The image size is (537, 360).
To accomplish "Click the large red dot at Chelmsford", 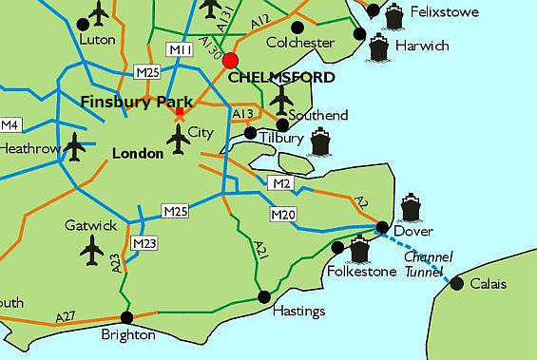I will (x=230, y=60).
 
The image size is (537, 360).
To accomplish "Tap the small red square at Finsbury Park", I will (x=179, y=112).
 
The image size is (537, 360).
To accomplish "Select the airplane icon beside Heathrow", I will (x=75, y=146).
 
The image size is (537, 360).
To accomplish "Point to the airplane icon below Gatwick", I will (x=92, y=251).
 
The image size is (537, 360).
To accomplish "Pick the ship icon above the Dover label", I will (x=410, y=207).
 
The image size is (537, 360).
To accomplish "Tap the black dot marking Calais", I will (x=457, y=283).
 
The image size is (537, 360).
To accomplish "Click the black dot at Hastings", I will (x=264, y=296).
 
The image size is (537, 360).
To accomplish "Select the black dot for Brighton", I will (x=126, y=318).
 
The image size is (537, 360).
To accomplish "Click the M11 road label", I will (x=180, y=49).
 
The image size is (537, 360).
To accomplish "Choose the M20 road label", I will (x=282, y=215).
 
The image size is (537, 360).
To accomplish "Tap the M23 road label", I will (x=144, y=243).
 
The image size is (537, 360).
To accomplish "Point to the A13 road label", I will (x=243, y=115).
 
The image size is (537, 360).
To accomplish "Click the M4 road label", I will (x=10, y=125).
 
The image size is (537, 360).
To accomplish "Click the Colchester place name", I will (x=300, y=43).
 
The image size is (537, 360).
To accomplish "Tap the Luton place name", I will (x=98, y=40).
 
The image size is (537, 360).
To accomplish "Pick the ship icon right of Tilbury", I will (x=318, y=142).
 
